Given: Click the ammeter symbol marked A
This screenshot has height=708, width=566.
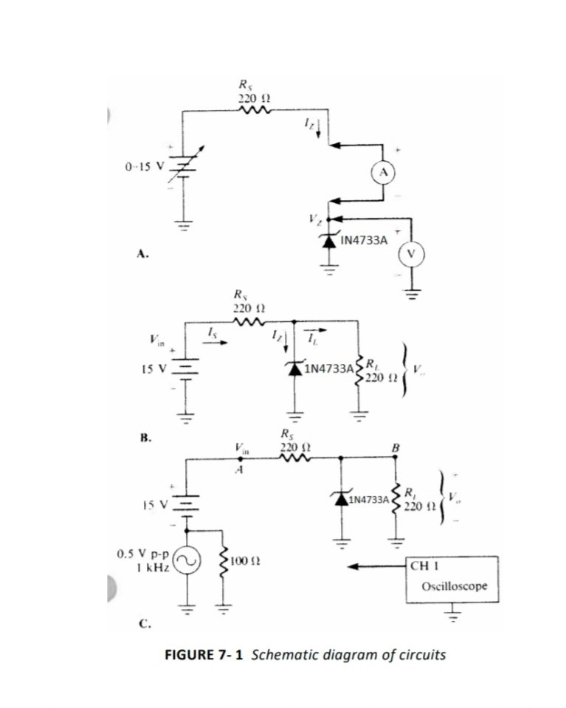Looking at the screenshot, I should point(383,171).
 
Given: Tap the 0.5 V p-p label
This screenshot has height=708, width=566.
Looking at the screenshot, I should point(144,551).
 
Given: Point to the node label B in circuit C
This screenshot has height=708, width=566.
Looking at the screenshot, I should point(396,447).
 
